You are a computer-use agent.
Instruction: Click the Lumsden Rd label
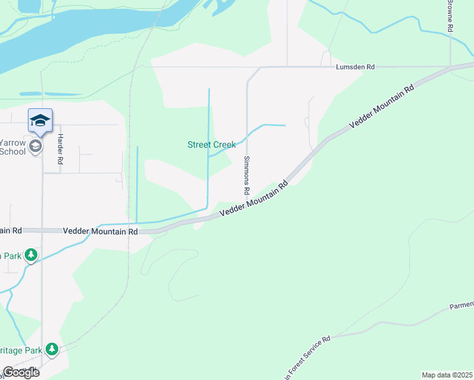pyautogui.click(x=347, y=66)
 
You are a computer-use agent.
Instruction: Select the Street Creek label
pyautogui.click(x=212, y=145)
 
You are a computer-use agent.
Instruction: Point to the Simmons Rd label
pyautogui.click(x=247, y=175)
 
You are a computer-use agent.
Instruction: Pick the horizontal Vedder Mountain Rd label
pyautogui.click(x=101, y=232)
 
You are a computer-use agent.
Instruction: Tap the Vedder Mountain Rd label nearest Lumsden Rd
pyautogui.click(x=381, y=106)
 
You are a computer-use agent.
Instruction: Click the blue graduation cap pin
pyautogui.click(x=40, y=120)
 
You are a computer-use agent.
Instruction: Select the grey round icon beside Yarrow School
pyautogui.click(x=35, y=147)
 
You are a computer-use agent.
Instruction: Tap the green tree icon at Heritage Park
pyautogui.click(x=51, y=348)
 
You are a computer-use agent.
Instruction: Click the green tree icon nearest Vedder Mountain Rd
pyautogui.click(x=30, y=255)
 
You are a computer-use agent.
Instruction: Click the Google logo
pyautogui.click(x=21, y=372)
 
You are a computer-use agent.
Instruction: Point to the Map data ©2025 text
pyautogui.click(x=447, y=375)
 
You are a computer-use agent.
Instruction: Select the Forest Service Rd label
pyautogui.click(x=308, y=358)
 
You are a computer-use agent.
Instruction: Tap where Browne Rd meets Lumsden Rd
pyautogui.click(x=450, y=66)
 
